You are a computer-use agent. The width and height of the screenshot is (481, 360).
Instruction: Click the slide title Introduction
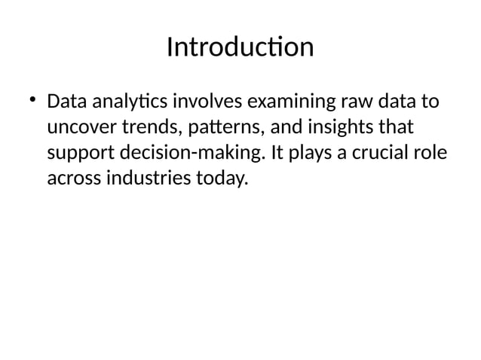point(240,47)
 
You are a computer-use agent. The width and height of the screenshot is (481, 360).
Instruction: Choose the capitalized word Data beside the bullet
point(66,101)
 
